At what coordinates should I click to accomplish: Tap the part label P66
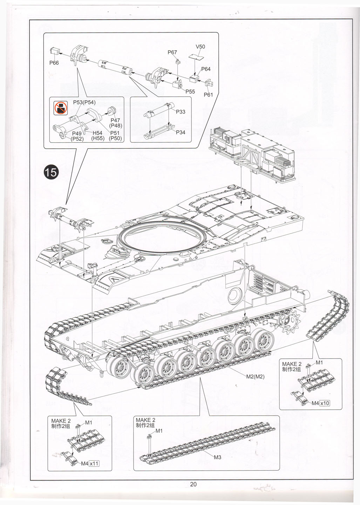tap(54, 63)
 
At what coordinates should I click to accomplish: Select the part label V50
tap(200, 47)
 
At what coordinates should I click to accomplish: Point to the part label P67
tap(172, 52)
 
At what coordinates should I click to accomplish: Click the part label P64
tap(206, 69)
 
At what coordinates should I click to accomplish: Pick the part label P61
tap(208, 95)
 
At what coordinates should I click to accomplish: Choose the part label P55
tap(190, 92)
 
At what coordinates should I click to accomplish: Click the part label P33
tap(181, 112)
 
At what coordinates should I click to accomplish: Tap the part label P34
tap(181, 132)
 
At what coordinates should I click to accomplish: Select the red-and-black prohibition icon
tap(60, 108)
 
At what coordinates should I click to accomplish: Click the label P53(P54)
tap(84, 102)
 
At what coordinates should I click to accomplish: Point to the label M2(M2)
tap(255, 377)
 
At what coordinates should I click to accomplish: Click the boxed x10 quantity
tap(325, 403)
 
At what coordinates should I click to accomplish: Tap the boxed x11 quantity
tap(94, 464)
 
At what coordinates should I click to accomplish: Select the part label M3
tap(217, 457)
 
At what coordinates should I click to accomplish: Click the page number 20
tap(193, 484)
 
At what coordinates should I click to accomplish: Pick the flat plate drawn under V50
tap(195, 56)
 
